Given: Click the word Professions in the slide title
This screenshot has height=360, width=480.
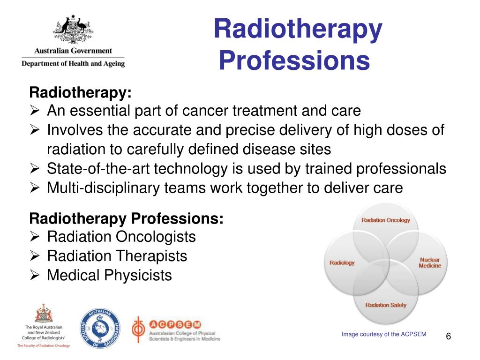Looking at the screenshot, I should point(294,61).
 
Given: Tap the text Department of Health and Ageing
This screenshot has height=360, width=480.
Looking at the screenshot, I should point(73,63).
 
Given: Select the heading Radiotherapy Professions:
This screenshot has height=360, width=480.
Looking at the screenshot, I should point(127,218).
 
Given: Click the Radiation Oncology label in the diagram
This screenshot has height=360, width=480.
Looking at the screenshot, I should point(385,220).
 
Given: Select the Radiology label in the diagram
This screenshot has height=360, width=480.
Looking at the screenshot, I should point(342,262).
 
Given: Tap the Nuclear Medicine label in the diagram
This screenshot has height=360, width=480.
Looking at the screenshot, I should point(430,262).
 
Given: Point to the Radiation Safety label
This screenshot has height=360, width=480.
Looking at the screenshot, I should point(386,305).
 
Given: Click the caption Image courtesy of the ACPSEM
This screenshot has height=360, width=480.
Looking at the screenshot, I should point(384,334).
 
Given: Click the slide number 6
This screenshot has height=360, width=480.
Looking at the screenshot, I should point(449,336).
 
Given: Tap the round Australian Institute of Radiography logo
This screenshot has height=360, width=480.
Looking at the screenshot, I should point(100,329).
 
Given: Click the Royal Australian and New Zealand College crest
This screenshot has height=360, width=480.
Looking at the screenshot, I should point(43,314).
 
